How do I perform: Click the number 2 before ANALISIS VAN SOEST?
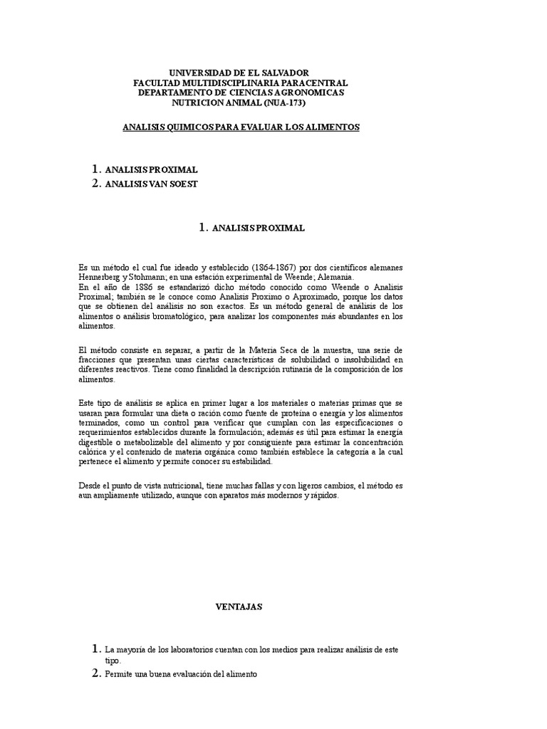96,184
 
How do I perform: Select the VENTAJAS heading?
239,607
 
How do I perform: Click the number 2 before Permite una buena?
96,673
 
